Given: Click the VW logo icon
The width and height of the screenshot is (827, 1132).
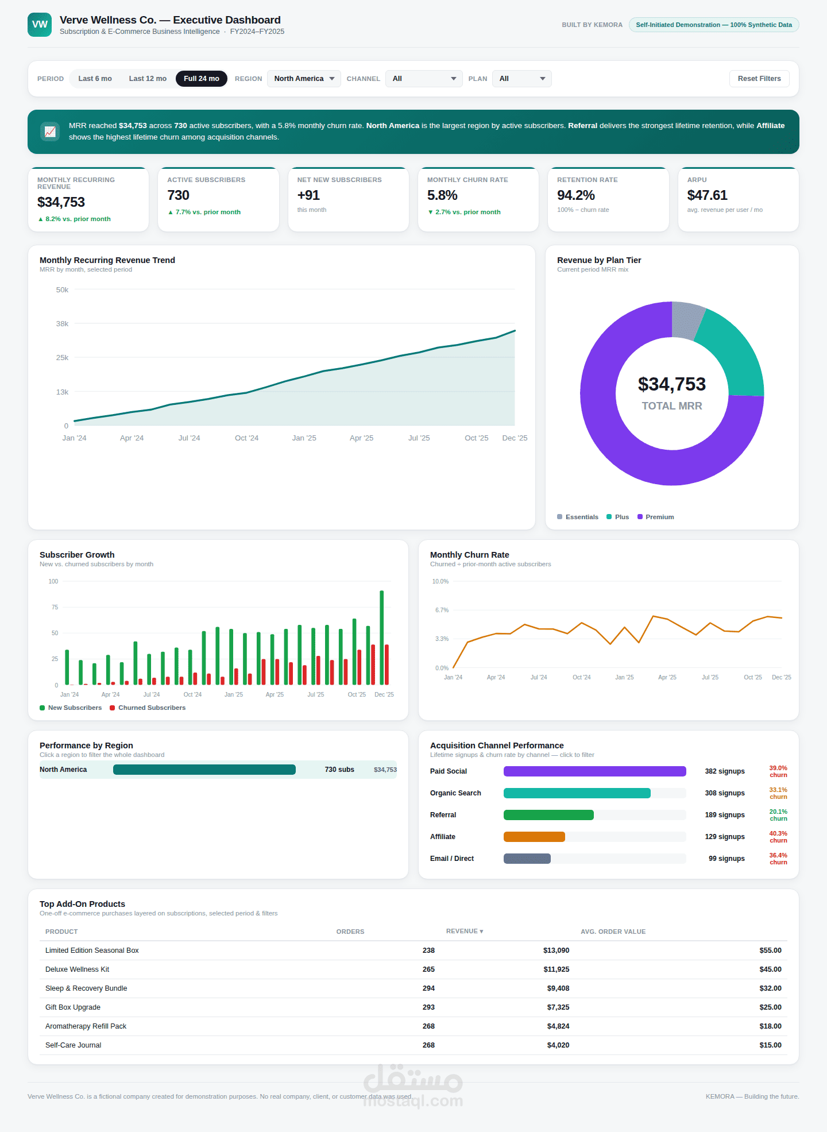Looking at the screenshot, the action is pos(40,25).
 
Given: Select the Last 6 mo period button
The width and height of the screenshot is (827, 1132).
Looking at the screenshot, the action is pos(95,79).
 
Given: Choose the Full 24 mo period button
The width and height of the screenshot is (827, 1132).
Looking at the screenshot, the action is pos(202,79).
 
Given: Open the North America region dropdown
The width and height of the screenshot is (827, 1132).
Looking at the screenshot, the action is pos(304,79).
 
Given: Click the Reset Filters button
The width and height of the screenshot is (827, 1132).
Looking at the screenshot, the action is pos(759,79).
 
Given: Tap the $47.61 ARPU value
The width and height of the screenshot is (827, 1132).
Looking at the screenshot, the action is pos(707,195).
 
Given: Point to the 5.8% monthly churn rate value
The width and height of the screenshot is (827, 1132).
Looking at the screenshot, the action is pos(442,195).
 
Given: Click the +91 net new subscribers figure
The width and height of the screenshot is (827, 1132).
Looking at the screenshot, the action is pos(308,195).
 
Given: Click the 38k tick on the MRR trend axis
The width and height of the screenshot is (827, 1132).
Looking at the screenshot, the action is pos(62,324).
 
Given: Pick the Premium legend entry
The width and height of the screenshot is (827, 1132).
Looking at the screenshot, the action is pos(656,517).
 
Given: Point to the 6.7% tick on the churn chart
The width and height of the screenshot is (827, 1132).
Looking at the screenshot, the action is pos(442,610).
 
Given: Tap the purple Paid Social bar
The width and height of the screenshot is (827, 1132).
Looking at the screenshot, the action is pos(595,771).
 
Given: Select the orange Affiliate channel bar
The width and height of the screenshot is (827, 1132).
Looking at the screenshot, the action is pos(534,837).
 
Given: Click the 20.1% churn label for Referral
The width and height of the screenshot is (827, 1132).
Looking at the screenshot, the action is pos(778,815).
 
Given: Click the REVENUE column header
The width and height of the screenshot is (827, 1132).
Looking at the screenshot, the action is pos(465,931).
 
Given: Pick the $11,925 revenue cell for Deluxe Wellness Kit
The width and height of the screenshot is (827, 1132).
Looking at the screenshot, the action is pos(557,969).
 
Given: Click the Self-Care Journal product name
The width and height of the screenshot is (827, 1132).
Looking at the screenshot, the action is pos(74,1045).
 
